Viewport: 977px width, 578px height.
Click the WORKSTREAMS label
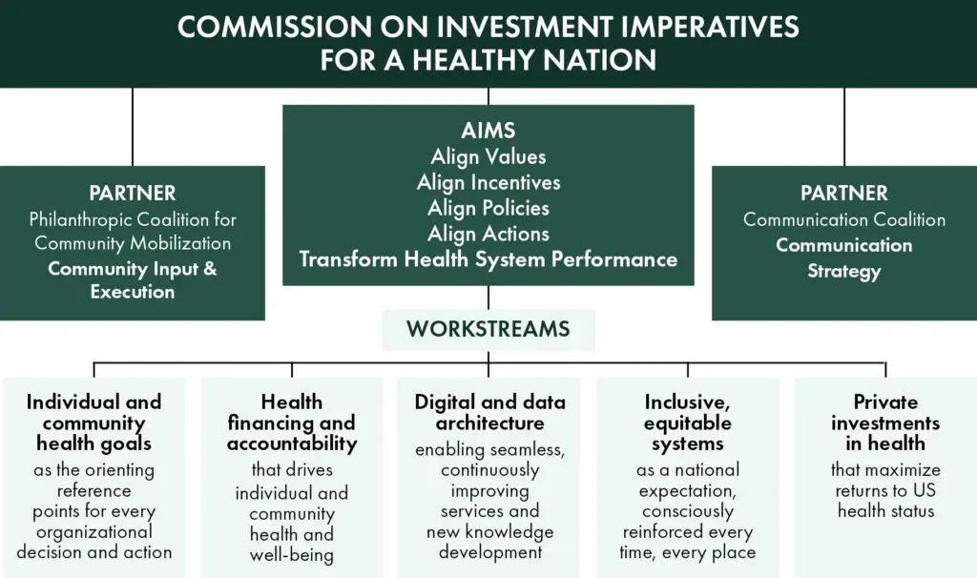coord(488,329)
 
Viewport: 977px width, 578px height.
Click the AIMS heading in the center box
coord(488,130)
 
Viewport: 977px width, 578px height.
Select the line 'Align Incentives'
coord(488,182)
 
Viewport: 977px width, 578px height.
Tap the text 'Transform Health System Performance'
coord(488,259)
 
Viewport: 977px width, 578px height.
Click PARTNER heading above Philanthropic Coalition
coord(133,193)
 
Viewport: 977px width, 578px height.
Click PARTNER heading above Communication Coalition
coord(844,193)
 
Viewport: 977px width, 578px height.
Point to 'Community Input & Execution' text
coord(133,279)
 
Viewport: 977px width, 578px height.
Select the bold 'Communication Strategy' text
coord(844,258)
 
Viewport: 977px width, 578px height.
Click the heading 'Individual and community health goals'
coord(94,423)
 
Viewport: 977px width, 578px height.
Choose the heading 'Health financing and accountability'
coord(292,423)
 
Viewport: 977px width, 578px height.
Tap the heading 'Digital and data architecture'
coord(489,412)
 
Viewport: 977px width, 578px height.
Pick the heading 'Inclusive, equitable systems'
coord(688,423)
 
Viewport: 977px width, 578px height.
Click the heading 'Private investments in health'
coord(885,423)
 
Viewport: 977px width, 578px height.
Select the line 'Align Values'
coord(488,156)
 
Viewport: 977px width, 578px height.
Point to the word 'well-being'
coord(292,555)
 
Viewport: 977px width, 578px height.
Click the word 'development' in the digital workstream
coord(490,552)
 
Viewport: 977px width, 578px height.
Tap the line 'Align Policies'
coord(488,208)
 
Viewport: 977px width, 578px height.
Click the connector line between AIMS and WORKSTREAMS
coord(488,298)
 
